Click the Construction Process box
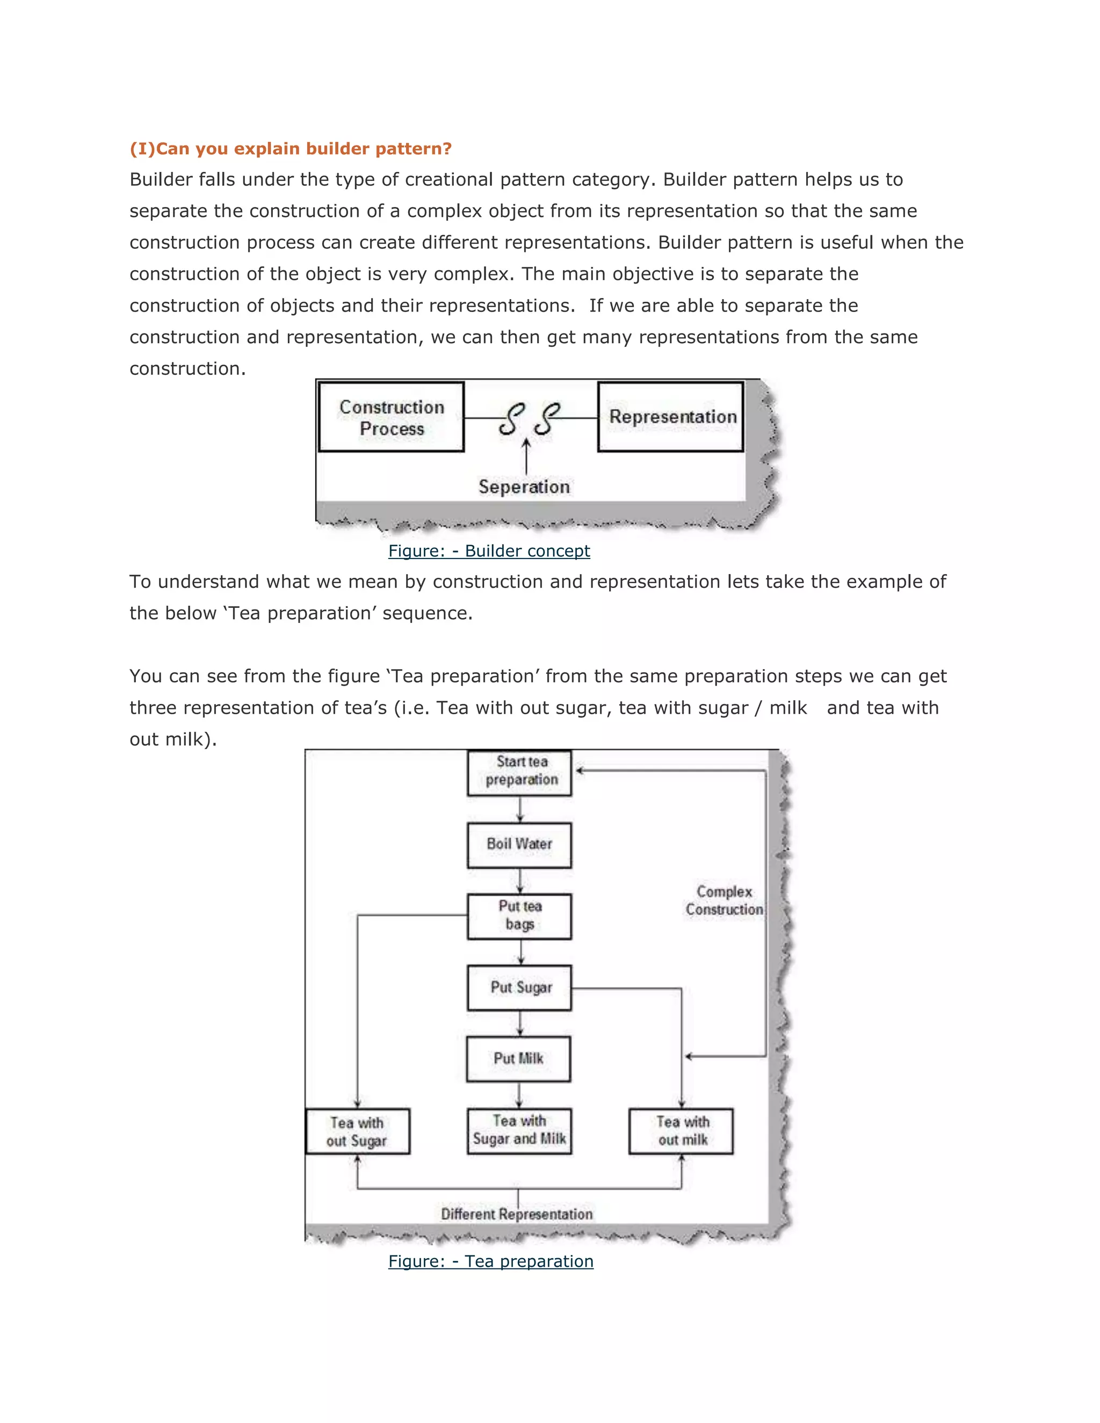[x=391, y=417]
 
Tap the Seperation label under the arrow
[x=524, y=487]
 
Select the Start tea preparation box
[x=519, y=772]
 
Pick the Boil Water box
[x=519, y=845]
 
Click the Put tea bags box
[x=519, y=916]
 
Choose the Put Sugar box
[x=519, y=987]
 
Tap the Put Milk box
[x=519, y=1059]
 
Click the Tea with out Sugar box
[x=358, y=1131]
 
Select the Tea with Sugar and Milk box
[x=519, y=1130]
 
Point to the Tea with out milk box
[x=681, y=1131]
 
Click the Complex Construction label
[x=724, y=901]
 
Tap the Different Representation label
[x=517, y=1214]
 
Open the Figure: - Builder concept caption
[x=489, y=551]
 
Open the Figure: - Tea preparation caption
[x=491, y=1261]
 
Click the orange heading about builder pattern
[x=291, y=149]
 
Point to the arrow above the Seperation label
[x=526, y=456]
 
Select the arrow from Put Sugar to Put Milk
[x=519, y=1023]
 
